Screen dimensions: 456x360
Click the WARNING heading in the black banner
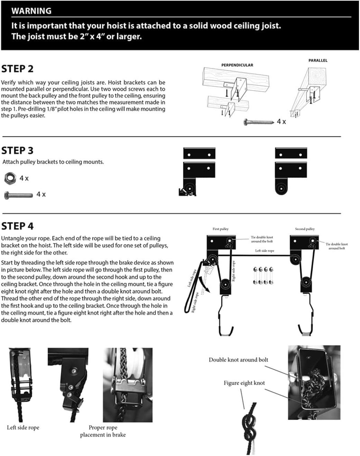click(x=31, y=11)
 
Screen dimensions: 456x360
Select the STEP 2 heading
click(x=17, y=69)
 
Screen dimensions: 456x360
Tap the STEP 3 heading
click(x=17, y=150)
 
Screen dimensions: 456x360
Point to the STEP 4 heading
click(x=17, y=226)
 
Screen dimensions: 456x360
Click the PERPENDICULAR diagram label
click(x=237, y=65)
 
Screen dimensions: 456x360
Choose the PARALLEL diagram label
click(x=318, y=60)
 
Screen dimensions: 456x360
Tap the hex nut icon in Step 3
click(x=10, y=178)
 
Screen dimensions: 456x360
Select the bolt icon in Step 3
click(x=18, y=195)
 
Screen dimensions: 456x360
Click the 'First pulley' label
click(x=220, y=229)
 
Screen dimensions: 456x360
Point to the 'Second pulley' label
click(x=305, y=229)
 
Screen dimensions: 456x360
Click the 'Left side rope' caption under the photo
click(x=23, y=428)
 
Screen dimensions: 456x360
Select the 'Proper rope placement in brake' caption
click(x=103, y=431)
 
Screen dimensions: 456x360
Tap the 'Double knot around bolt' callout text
click(x=238, y=360)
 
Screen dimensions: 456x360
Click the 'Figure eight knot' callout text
click(x=244, y=383)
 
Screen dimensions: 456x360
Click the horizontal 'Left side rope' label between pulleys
click(x=264, y=250)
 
